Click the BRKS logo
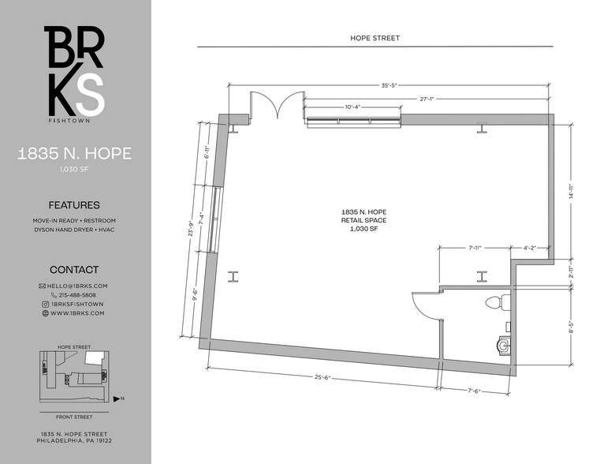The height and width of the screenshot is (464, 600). point(74,73)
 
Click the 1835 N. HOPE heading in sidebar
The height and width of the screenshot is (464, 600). point(74,154)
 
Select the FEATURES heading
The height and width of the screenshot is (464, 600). point(74,204)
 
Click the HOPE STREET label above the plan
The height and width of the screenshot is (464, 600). point(375,38)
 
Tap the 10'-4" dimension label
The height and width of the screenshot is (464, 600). point(354,107)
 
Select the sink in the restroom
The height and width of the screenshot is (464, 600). point(502,342)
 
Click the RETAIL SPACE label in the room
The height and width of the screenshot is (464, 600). point(363,220)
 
